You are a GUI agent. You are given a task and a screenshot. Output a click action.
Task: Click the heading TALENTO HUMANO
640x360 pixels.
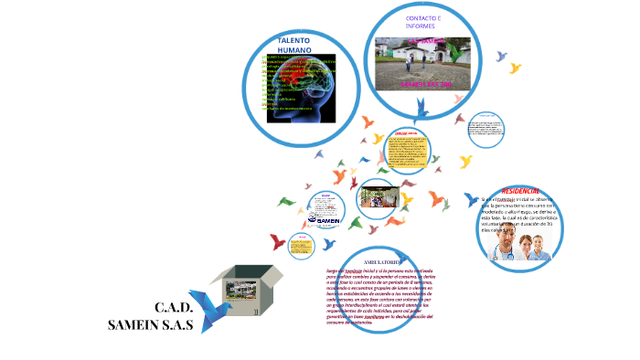click(294, 46)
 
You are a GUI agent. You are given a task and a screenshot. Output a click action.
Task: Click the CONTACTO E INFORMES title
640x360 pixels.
click(422, 22)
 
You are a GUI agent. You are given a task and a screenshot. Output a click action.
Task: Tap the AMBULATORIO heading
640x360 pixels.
click(360, 261)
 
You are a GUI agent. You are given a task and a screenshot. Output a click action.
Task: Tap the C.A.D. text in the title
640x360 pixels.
click(174, 307)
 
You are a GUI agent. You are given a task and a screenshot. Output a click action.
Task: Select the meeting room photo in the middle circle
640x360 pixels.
click(378, 196)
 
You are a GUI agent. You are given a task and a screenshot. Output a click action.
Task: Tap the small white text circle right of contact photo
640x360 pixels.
click(485, 130)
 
